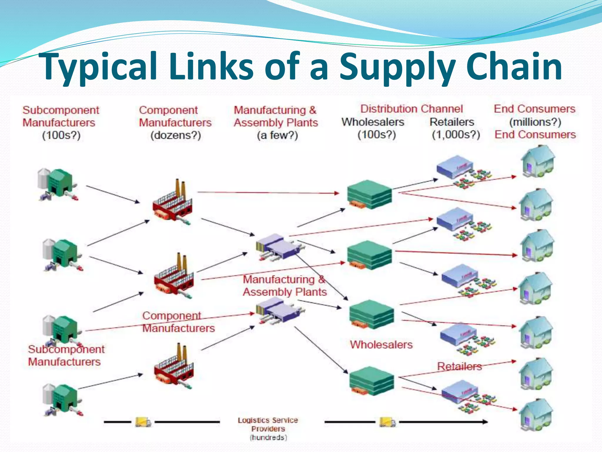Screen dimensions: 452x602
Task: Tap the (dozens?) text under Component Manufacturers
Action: point(176,135)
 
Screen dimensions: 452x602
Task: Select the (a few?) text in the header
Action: point(277,135)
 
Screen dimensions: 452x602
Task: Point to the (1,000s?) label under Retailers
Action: point(456,134)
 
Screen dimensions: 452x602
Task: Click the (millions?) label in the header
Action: point(535,122)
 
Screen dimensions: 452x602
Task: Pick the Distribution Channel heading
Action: point(412,109)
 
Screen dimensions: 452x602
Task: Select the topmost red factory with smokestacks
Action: point(173,203)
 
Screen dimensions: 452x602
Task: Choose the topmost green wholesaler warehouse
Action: point(369,194)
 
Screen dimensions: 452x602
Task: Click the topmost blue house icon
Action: point(537,161)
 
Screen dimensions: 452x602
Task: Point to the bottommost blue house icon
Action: point(536,414)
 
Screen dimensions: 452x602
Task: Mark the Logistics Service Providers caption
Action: point(268,428)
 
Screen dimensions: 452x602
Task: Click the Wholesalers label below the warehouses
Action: point(381,345)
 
